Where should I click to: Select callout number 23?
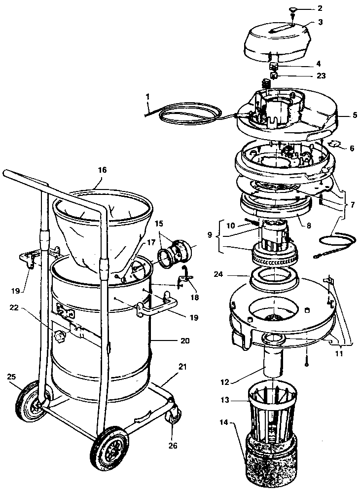321,76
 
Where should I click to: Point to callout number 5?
354,115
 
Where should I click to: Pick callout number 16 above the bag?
102,170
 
